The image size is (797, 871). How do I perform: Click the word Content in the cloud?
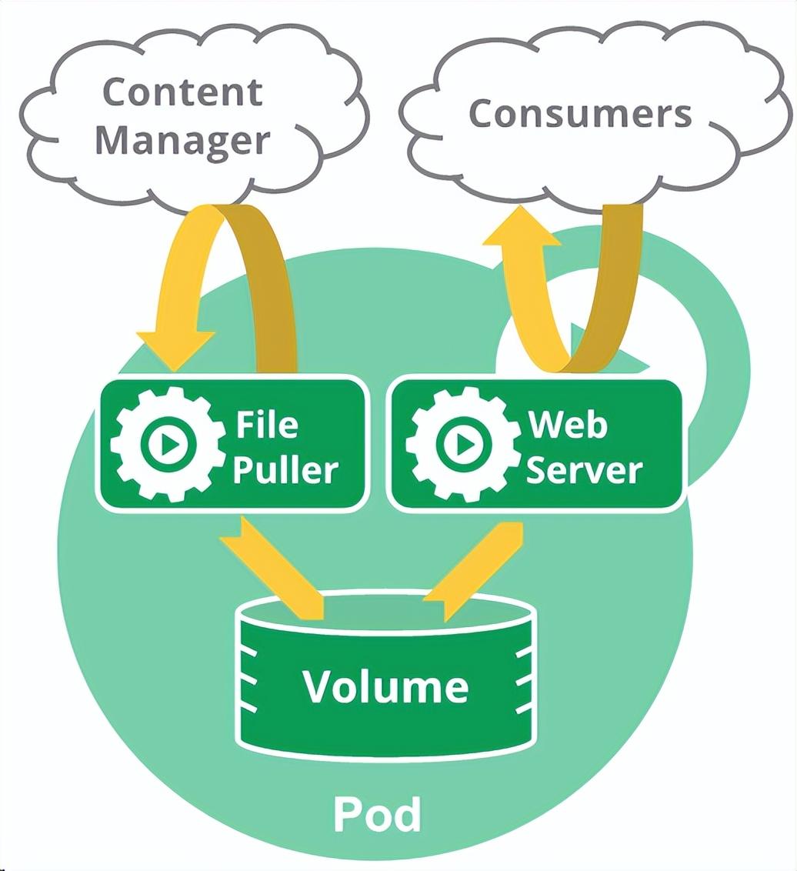coord(182,92)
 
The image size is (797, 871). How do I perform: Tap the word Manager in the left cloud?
coord(182,141)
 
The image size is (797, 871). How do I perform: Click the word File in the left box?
coord(267,425)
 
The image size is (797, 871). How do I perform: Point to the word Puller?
coord(285,470)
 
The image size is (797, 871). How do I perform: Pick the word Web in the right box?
coord(568,425)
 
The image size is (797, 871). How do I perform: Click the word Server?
coord(583,470)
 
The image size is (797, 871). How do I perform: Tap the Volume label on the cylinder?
coord(386,686)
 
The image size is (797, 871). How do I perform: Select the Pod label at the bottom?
coord(377,814)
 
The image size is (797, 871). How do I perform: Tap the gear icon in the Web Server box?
coord(463,443)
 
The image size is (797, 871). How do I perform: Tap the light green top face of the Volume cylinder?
coord(386,611)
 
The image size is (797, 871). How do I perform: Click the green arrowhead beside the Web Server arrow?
coord(611,350)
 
